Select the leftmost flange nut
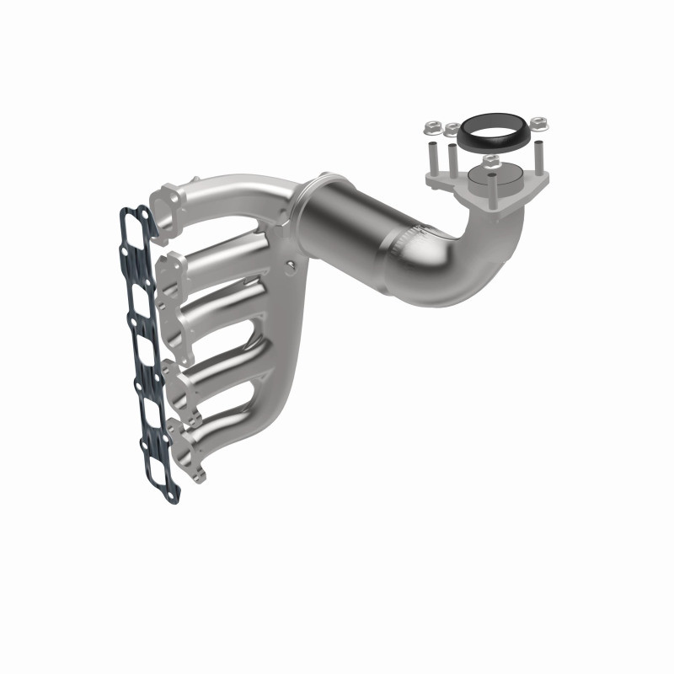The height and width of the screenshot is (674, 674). [x=431, y=128]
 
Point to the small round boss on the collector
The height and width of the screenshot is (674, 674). [x=292, y=267]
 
